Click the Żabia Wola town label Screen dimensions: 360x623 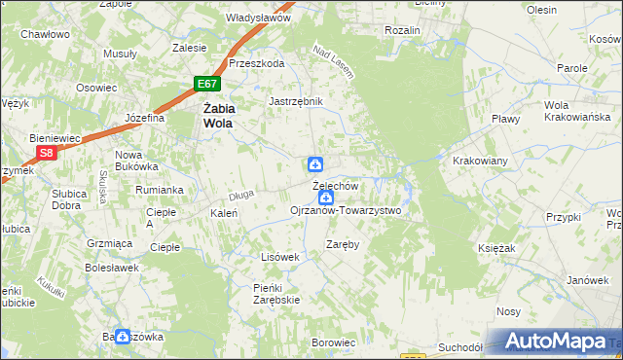(222, 117)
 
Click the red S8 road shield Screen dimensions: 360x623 (46, 153)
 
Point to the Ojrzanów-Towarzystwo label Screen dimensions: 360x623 (346, 210)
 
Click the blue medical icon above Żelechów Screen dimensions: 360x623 (315, 164)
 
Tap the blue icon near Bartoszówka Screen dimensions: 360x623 (123, 337)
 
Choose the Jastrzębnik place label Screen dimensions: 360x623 (295, 100)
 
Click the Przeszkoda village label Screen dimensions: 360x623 (256, 63)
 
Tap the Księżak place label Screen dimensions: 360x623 (495, 249)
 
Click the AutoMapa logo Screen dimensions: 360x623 (556, 342)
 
